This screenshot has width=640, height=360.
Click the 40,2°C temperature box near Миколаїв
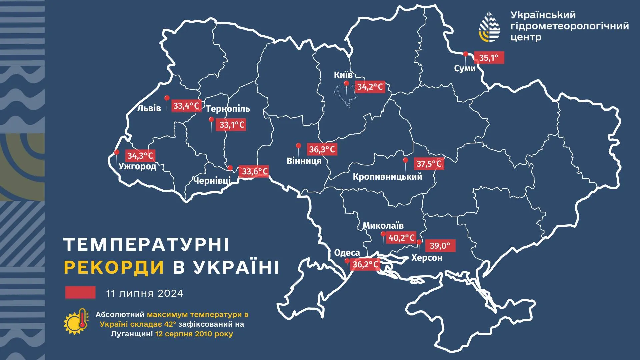(401, 238)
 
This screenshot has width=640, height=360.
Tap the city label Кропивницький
(387, 176)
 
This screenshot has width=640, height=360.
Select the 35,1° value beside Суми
(489, 58)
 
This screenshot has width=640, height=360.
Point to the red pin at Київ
(347, 84)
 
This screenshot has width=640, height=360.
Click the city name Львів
(149, 108)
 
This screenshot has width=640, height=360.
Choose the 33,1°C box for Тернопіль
(232, 125)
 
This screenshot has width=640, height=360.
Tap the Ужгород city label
(137, 166)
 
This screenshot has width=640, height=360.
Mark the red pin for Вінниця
(299, 146)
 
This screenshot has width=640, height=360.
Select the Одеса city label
(347, 253)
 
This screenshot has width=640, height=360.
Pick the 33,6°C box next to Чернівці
(255, 171)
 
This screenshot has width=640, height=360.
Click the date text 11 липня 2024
(144, 293)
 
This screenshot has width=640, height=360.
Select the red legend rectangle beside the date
(80, 292)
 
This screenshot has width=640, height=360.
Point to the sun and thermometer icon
(76, 321)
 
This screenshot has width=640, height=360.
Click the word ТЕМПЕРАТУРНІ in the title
(146, 245)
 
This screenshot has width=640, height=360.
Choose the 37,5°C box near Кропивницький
(429, 164)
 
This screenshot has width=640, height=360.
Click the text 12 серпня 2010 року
(194, 334)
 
